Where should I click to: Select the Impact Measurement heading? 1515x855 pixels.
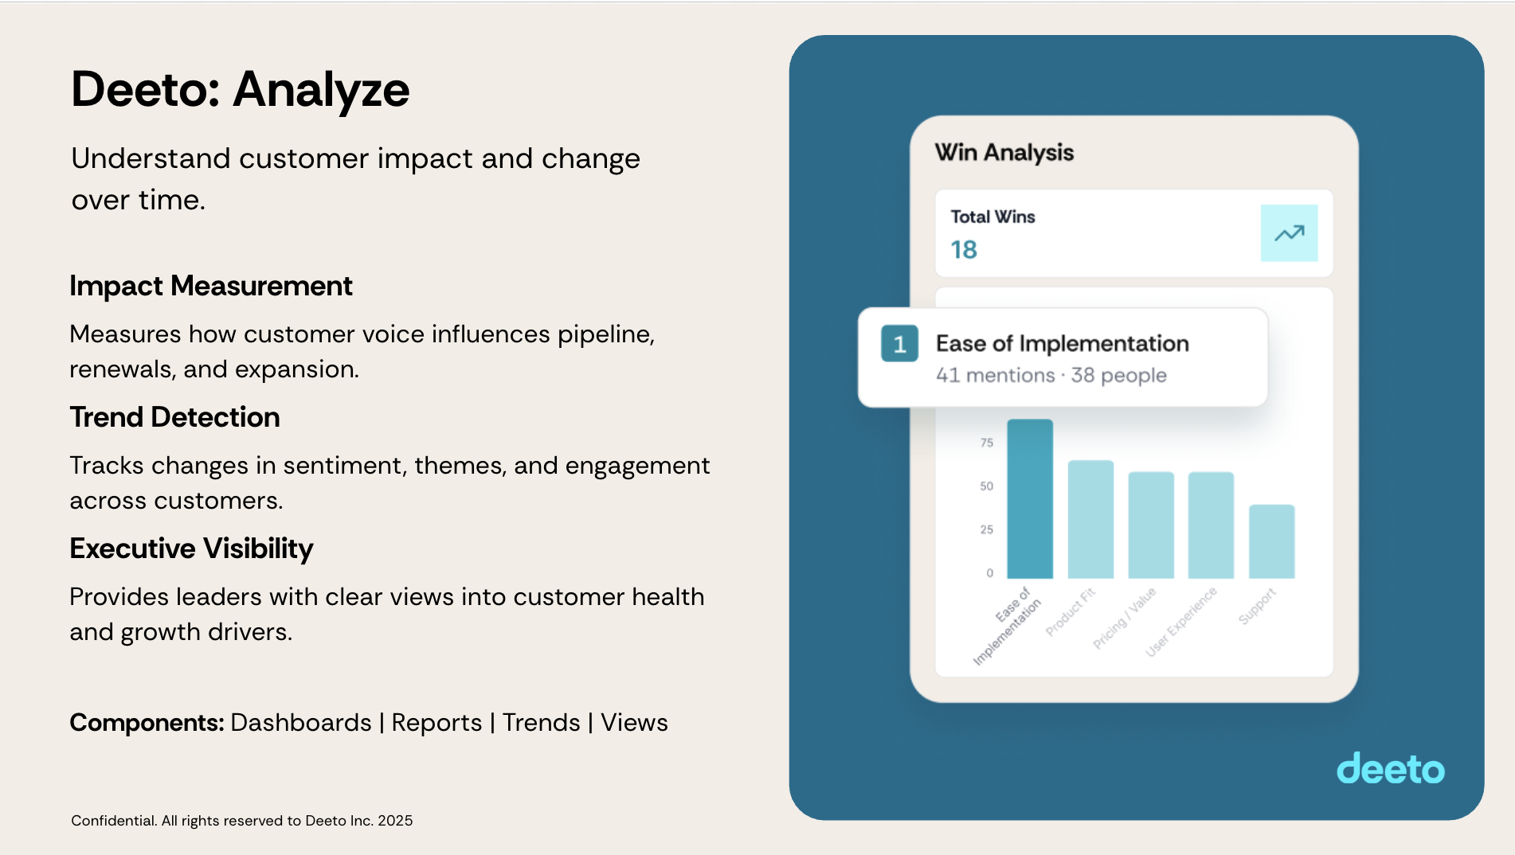(211, 287)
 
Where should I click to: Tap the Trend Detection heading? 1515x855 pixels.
(175, 417)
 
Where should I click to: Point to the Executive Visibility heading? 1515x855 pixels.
(192, 549)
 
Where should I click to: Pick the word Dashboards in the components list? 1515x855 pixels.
(301, 723)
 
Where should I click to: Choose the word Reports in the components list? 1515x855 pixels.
(436, 724)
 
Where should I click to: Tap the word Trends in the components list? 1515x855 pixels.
(542, 723)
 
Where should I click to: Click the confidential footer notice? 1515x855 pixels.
(242, 821)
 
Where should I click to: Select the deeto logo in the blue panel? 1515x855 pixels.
(1391, 768)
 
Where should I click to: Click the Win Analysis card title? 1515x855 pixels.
(1004, 152)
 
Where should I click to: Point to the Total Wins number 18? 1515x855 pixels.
(964, 250)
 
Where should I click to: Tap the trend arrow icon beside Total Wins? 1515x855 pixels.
(1289, 233)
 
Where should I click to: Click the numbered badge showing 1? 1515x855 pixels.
(899, 344)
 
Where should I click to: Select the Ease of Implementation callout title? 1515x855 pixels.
(1063, 344)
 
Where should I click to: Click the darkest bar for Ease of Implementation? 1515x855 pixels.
(1030, 498)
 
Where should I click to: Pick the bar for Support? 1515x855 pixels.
(1271, 541)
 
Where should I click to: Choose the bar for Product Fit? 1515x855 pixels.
(1090, 519)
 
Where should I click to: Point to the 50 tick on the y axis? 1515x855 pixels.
(987, 486)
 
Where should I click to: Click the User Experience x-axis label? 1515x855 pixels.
(1181, 622)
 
